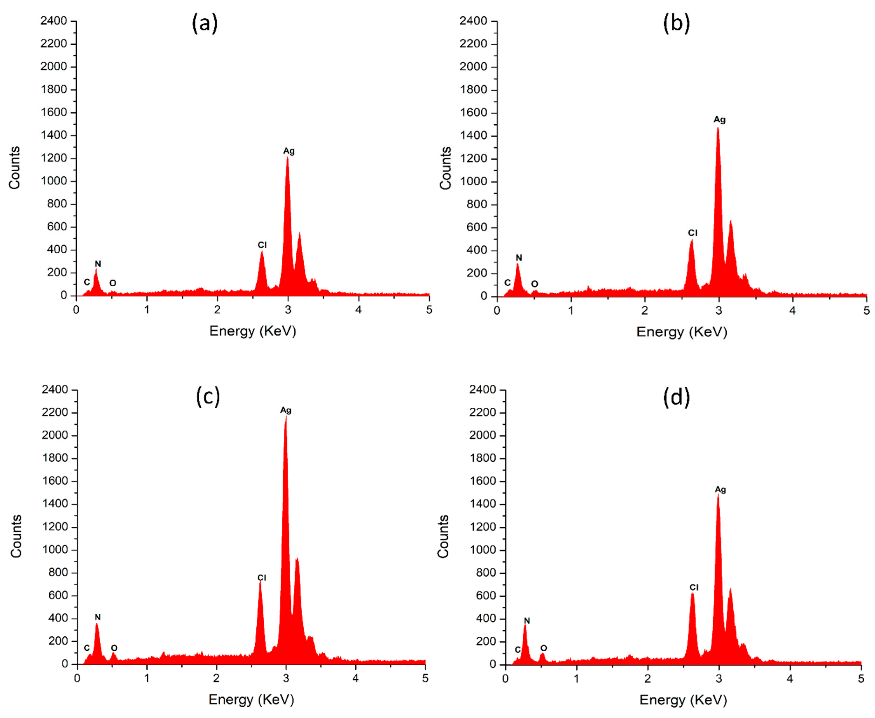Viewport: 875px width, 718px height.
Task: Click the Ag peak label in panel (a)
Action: pos(289,151)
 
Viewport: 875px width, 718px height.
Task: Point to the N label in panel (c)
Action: pos(98,617)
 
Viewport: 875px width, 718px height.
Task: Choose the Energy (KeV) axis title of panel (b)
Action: pos(681,332)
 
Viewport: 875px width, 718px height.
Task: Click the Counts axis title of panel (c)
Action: pos(16,536)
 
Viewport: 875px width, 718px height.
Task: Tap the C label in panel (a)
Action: pos(86,282)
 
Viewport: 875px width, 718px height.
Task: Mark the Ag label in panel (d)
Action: pos(720,490)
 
